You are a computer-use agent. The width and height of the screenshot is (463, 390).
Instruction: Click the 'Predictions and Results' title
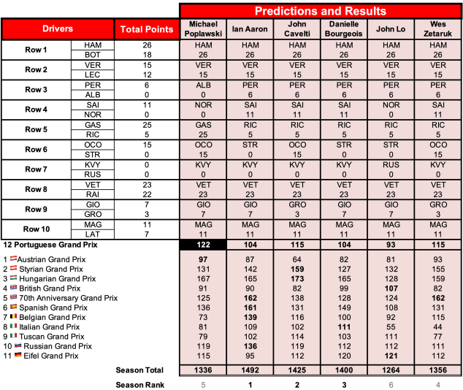click(x=321, y=11)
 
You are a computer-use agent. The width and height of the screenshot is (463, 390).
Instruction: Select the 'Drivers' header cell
click(x=58, y=29)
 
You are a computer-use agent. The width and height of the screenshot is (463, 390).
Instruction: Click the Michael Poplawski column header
click(x=202, y=29)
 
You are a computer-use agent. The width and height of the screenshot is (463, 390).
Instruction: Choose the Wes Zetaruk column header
click(x=438, y=29)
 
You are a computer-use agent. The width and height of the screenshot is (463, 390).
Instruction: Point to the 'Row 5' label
click(x=36, y=130)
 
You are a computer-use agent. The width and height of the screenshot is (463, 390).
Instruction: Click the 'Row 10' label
click(x=36, y=229)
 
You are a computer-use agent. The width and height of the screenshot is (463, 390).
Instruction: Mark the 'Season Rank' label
click(x=139, y=384)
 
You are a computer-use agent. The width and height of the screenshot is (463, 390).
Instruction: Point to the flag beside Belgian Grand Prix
click(x=12, y=317)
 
